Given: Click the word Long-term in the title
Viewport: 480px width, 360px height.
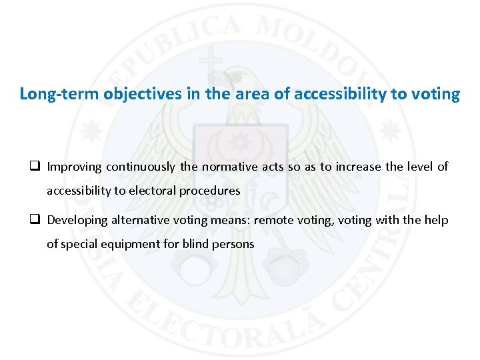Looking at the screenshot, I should point(59,94).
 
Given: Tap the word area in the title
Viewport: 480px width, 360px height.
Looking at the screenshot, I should point(253,94).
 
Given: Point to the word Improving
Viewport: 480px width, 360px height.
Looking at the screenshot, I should point(74,167).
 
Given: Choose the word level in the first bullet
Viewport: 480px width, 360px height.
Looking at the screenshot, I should point(419,167).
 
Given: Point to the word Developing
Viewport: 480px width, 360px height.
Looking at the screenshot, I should point(77,220).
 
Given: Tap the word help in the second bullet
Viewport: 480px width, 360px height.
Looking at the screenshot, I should point(437,220).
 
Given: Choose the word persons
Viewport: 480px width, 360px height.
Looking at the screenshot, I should point(233,244).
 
